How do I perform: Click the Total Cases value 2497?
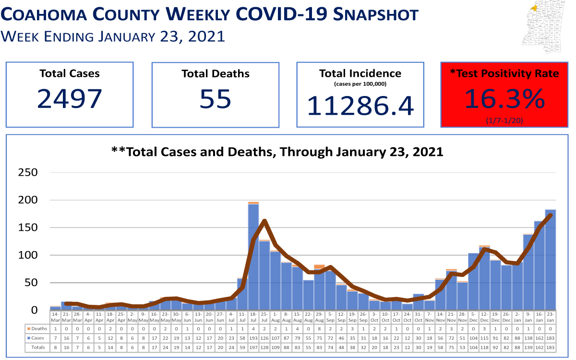pyautogui.click(x=70, y=98)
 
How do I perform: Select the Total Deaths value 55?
pyautogui.click(x=216, y=98)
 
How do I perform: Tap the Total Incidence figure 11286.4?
pyautogui.click(x=360, y=105)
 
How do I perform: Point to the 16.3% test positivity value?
pyautogui.click(x=504, y=99)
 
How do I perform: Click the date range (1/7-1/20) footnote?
pyautogui.click(x=504, y=120)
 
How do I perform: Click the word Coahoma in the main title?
pyautogui.click(x=53, y=15)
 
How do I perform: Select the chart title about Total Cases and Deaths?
pyautogui.click(x=277, y=152)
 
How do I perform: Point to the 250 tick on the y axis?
pyautogui.click(x=28, y=172)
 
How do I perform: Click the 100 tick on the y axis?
pyautogui.click(x=28, y=255)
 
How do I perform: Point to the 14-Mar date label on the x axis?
pyautogui.click(x=56, y=317)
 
